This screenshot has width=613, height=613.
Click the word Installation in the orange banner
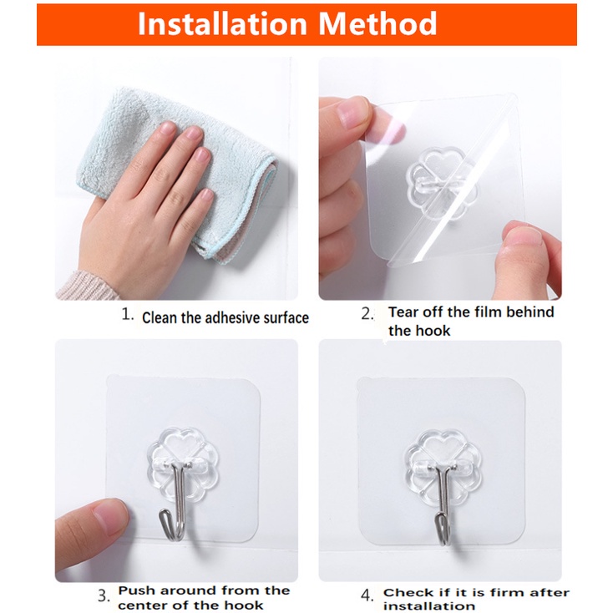point(222,24)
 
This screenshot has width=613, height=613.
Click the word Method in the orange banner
point(377,24)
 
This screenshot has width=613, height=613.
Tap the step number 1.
point(128,314)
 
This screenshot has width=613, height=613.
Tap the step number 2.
point(367,313)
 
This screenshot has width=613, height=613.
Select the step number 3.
point(104,595)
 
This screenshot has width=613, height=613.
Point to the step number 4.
point(367,595)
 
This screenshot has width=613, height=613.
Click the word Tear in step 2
point(403,312)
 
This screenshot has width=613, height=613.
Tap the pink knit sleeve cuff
point(86,286)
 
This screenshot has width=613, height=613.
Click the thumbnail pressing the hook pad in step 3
point(110,516)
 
